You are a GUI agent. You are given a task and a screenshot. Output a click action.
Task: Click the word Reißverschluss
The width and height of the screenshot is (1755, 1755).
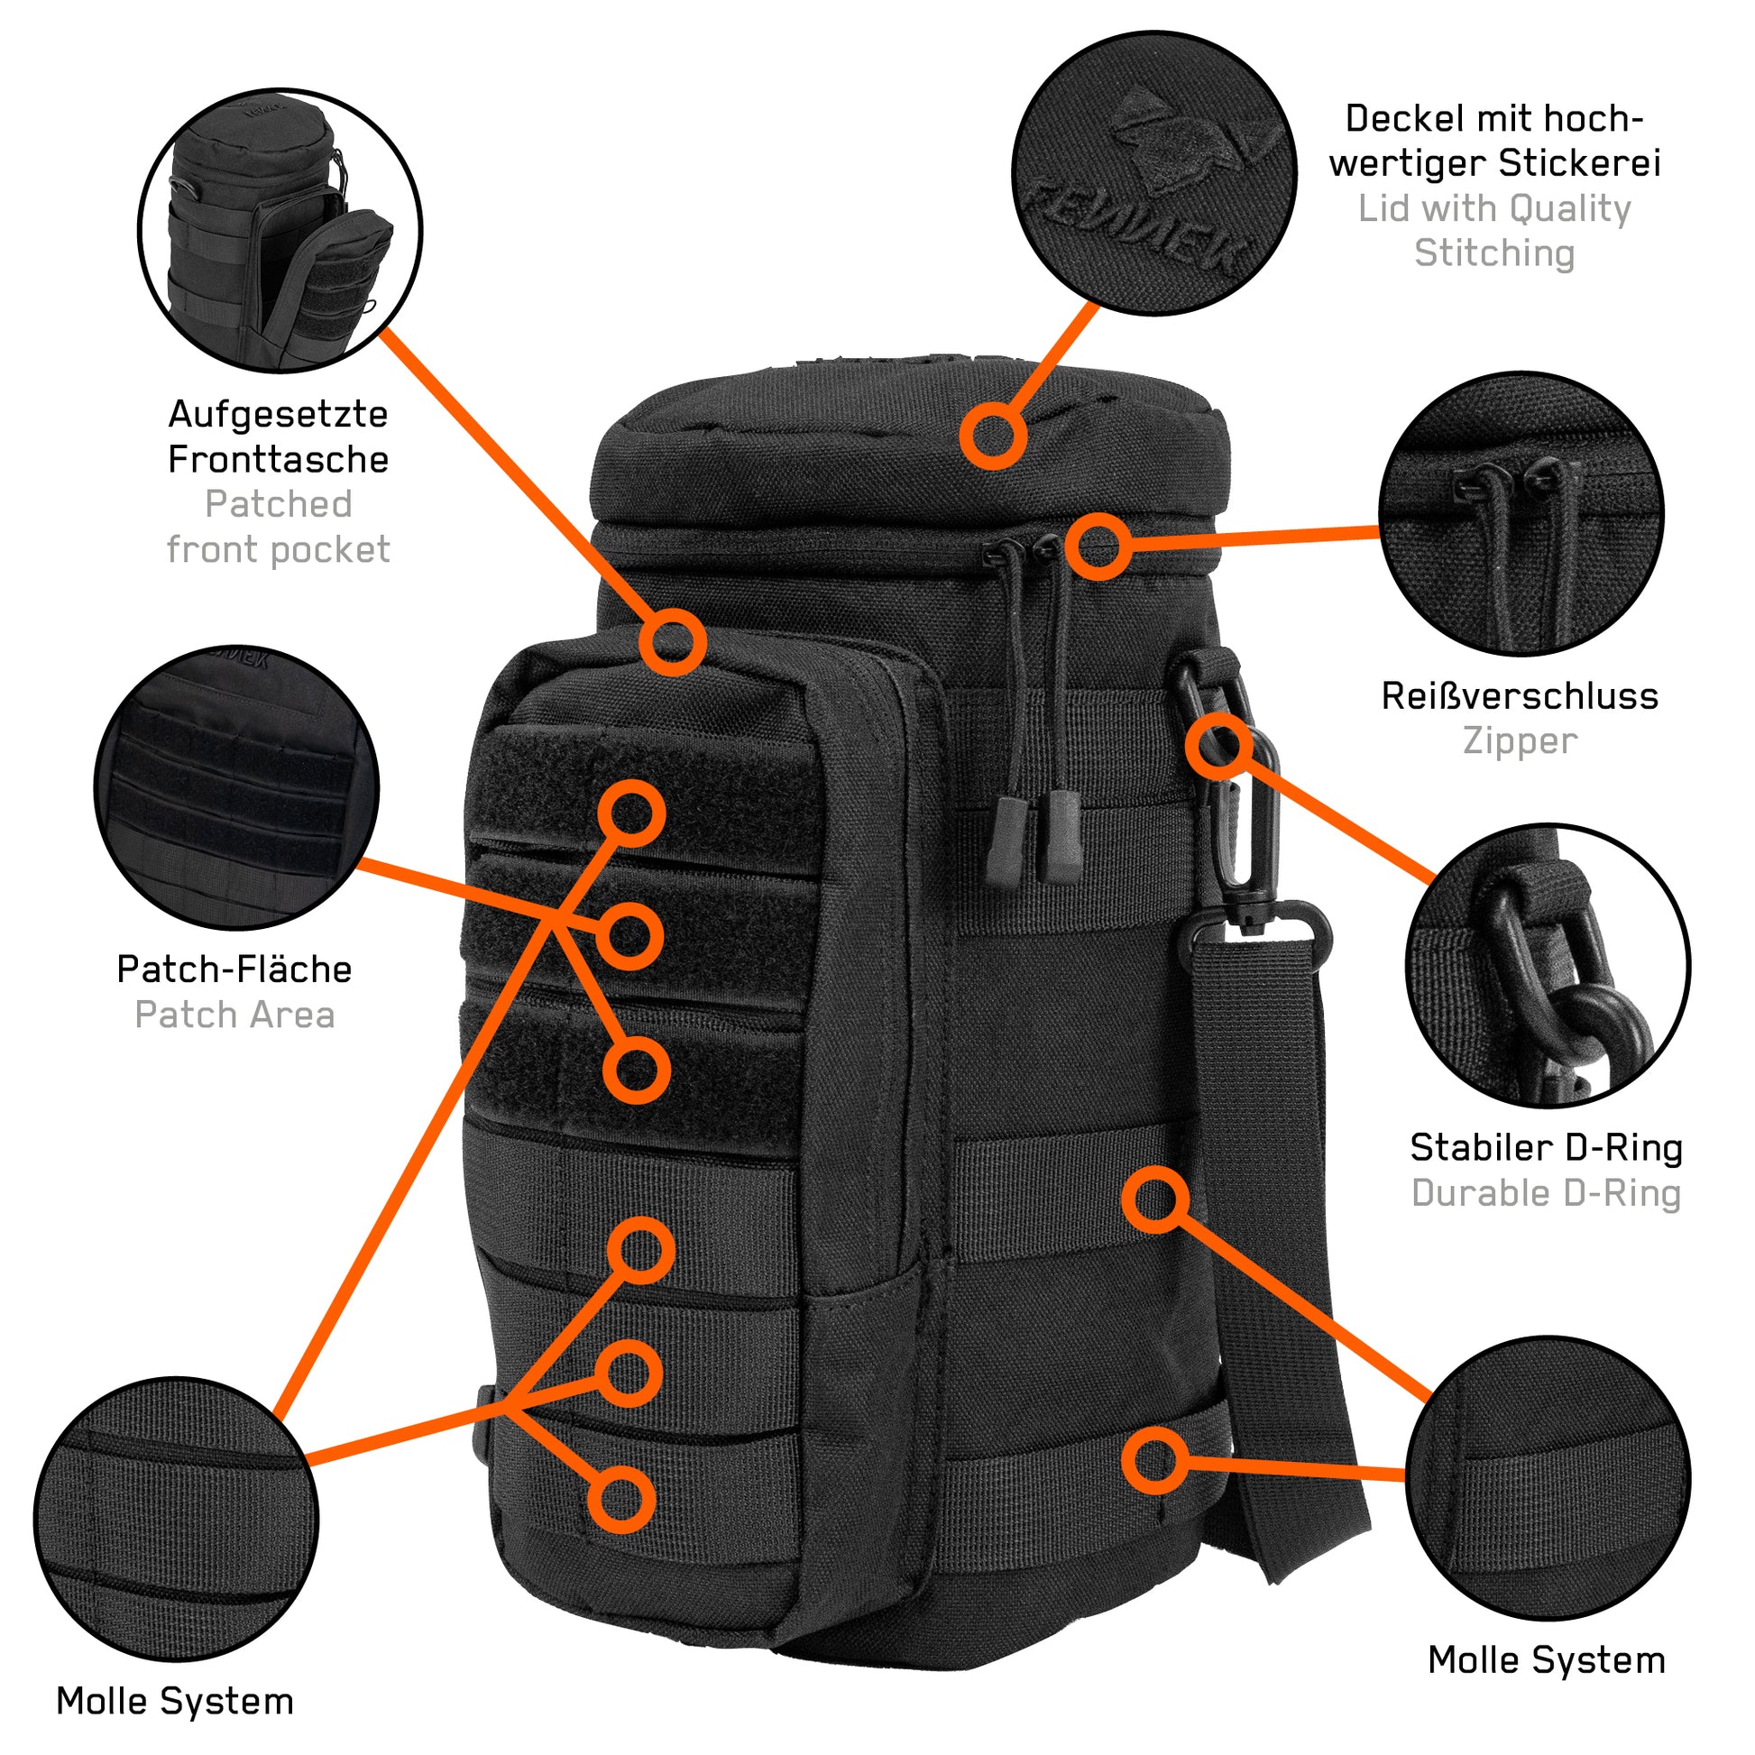pyautogui.click(x=1519, y=697)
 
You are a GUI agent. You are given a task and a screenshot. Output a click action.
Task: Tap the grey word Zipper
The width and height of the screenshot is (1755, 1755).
pyautogui.click(x=1519, y=741)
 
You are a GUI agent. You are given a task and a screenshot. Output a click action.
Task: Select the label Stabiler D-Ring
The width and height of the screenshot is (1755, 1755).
pyautogui.click(x=1545, y=1148)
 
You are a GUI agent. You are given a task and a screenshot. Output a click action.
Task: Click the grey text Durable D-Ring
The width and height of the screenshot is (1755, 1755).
pyautogui.click(x=1545, y=1194)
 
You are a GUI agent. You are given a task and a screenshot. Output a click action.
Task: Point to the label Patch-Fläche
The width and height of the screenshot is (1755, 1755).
pyautogui.click(x=234, y=969)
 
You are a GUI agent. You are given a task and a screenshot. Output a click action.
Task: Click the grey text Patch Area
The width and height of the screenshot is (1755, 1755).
pyautogui.click(x=234, y=1015)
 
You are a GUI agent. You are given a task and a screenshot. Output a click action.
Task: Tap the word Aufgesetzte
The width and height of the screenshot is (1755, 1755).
pyautogui.click(x=278, y=414)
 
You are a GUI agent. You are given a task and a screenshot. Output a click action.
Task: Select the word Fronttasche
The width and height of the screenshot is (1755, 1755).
pyautogui.click(x=278, y=460)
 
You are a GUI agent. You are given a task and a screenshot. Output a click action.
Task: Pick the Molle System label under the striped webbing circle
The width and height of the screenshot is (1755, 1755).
pyautogui.click(x=174, y=1701)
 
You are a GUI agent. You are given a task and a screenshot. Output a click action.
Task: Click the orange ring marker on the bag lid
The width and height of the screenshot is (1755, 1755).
pyautogui.click(x=993, y=436)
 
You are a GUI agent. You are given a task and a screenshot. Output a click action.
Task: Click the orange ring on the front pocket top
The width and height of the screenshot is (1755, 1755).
pyautogui.click(x=672, y=642)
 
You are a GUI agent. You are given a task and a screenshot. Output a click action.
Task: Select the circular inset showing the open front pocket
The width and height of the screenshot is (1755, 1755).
pyautogui.click(x=280, y=230)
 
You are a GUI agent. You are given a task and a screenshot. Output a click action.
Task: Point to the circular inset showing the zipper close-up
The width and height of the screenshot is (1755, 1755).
pyautogui.click(x=1521, y=514)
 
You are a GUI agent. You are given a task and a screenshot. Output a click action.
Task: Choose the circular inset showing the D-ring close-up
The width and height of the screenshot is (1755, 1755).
pyautogui.click(x=1547, y=966)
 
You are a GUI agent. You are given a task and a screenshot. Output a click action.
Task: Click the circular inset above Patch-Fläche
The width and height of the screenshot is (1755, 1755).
pyautogui.click(x=236, y=787)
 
